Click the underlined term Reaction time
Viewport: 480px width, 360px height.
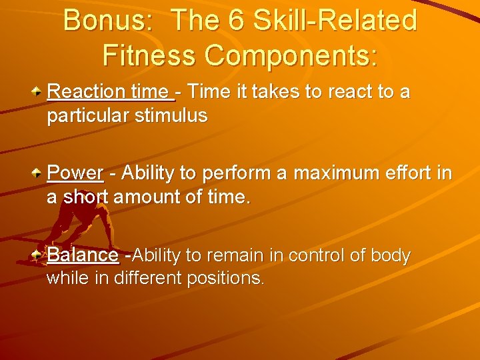click(108, 91)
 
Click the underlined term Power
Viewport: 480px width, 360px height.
click(75, 173)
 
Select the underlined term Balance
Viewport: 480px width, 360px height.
click(83, 255)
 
